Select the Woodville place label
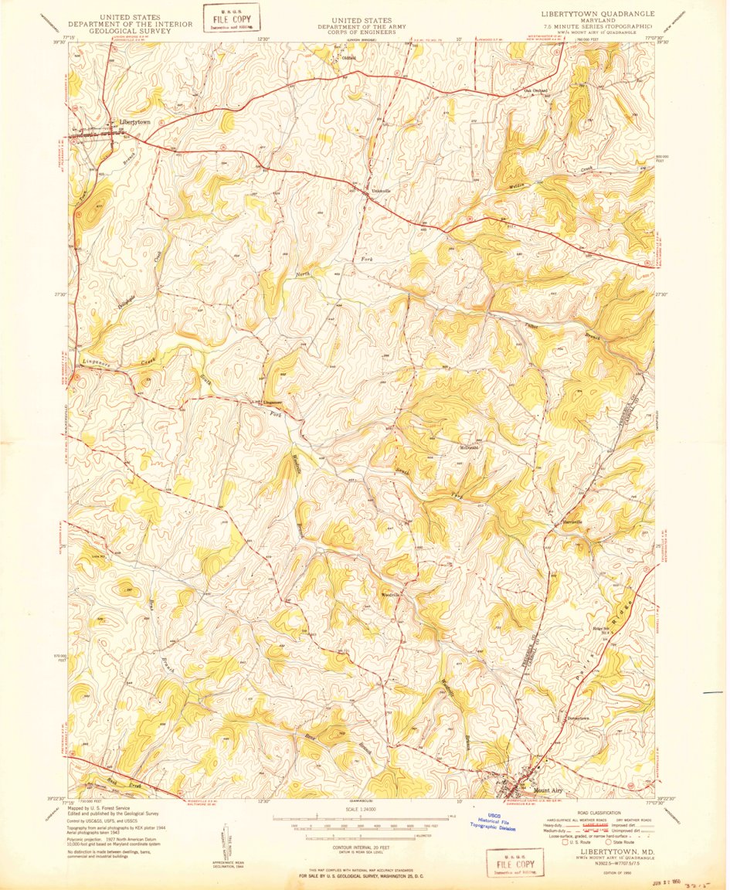coord(390,595)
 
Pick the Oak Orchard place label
coord(536,90)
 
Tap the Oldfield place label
coord(345,55)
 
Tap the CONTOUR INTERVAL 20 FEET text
coord(363,846)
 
